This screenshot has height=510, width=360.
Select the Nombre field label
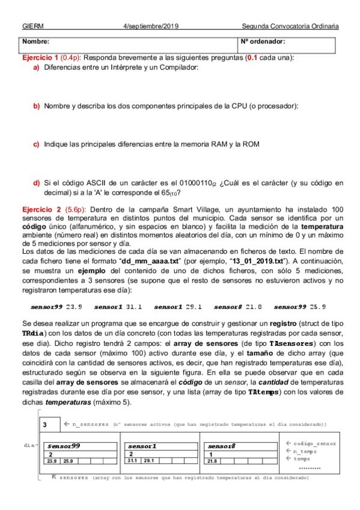point(35,42)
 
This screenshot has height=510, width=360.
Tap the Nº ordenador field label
point(263,42)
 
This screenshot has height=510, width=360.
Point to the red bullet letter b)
point(37,106)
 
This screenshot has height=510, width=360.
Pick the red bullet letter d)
point(37,183)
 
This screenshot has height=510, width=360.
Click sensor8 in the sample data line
point(228,307)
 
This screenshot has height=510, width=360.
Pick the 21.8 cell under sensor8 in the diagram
point(212,461)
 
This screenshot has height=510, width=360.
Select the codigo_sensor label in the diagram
point(314,443)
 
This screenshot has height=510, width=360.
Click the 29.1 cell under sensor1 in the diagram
point(148,461)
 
